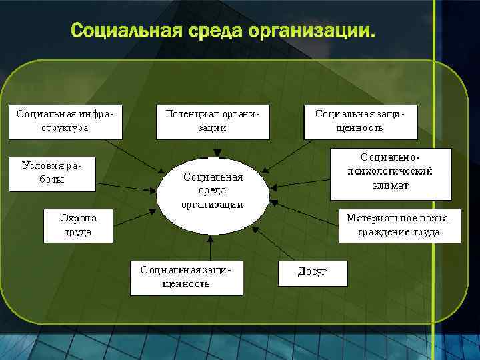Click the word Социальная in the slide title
(123, 31)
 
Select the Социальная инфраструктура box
(65, 121)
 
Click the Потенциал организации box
(212, 121)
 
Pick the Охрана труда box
(78, 225)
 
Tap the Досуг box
(312, 273)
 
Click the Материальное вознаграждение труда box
(399, 225)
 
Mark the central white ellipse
(213, 195)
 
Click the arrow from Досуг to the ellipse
(276, 243)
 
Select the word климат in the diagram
(391, 186)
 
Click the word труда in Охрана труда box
(78, 233)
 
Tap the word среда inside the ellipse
(213, 191)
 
